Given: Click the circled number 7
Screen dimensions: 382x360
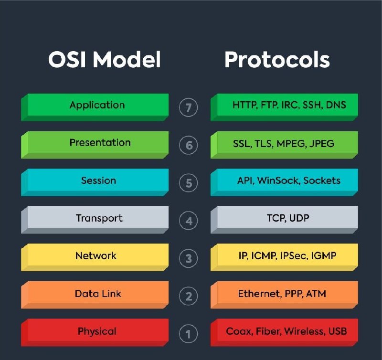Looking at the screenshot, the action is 188,107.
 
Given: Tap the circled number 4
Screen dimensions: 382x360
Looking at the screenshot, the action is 188,221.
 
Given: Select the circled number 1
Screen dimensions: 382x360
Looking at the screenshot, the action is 188,334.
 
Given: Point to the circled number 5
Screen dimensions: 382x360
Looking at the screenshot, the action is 188,183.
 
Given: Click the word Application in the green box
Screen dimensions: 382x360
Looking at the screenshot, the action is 97,105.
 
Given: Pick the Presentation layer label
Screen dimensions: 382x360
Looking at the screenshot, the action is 100,142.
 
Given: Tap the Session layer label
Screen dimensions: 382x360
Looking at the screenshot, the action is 99,180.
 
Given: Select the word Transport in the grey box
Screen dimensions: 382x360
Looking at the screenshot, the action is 99,218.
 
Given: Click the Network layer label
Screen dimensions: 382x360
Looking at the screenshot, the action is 96,256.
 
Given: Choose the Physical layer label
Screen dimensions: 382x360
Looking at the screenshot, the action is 97,331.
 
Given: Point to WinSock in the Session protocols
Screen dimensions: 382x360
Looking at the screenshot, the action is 278,180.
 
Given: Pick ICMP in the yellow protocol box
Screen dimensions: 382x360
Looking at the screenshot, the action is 264,256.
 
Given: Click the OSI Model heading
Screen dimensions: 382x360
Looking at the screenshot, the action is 105,59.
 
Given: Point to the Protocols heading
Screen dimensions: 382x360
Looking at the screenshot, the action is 277,59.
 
